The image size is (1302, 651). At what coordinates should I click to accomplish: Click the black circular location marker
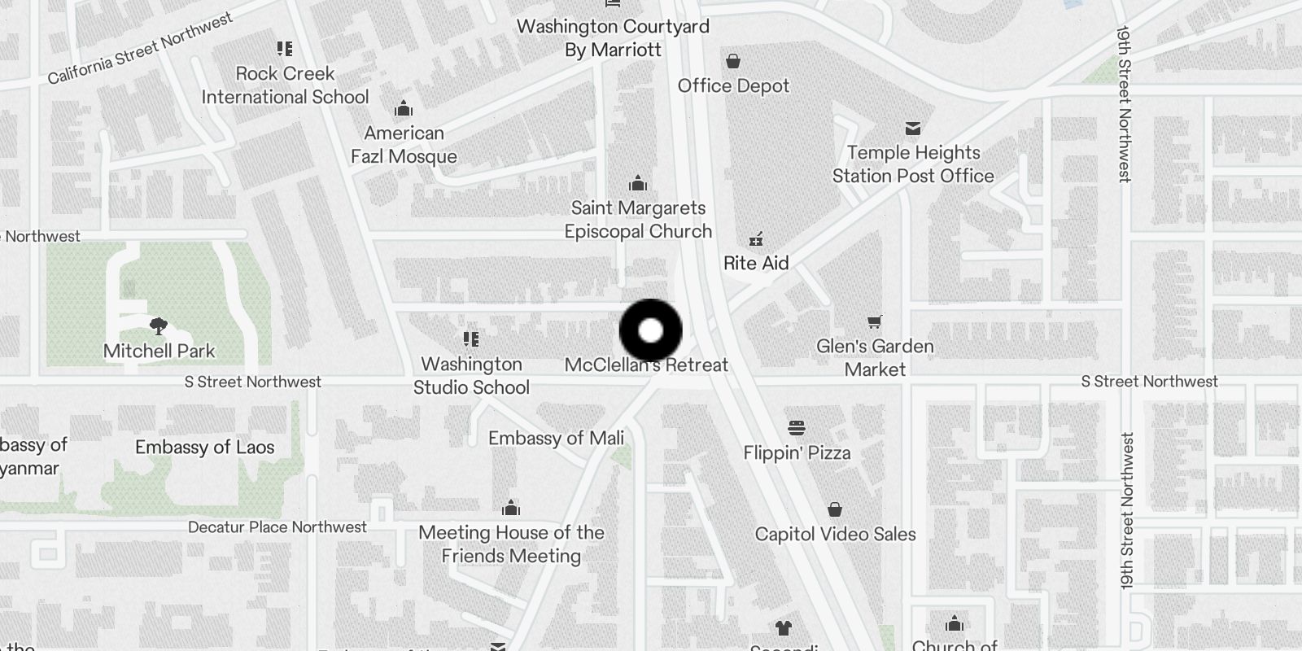pyautogui.click(x=650, y=330)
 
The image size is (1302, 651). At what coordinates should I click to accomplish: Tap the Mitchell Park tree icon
pyautogui.click(x=159, y=326)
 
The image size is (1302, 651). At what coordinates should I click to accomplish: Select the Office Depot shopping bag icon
pyautogui.click(x=732, y=61)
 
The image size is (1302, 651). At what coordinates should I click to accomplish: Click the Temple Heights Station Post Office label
pyautogui.click(x=912, y=164)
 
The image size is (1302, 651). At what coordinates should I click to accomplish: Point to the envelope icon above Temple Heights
pyautogui.click(x=912, y=129)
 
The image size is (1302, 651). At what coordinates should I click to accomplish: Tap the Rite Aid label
pyautogui.click(x=756, y=263)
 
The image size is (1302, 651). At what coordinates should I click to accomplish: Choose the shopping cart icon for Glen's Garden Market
pyautogui.click(x=874, y=321)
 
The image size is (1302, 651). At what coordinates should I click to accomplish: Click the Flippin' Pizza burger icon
pyautogui.click(x=796, y=429)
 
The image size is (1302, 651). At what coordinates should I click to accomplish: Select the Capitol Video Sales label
pyautogui.click(x=835, y=535)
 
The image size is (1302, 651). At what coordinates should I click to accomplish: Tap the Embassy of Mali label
pyautogui.click(x=556, y=439)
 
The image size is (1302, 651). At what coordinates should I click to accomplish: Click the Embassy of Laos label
pyautogui.click(x=204, y=447)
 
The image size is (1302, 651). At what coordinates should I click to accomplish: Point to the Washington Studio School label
pyautogui.click(x=471, y=375)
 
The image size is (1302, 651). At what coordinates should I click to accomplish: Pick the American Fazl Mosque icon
pyautogui.click(x=403, y=109)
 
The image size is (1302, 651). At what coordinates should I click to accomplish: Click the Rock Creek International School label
pyautogui.click(x=285, y=85)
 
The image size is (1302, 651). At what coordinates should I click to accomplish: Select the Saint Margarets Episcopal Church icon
pyautogui.click(x=638, y=183)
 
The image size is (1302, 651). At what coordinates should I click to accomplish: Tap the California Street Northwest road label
pyautogui.click(x=140, y=50)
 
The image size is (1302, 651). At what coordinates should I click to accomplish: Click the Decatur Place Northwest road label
pyautogui.click(x=277, y=527)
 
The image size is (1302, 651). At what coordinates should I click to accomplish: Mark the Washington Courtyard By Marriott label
pyautogui.click(x=613, y=38)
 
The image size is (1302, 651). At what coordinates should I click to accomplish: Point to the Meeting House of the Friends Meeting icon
pyautogui.click(x=511, y=509)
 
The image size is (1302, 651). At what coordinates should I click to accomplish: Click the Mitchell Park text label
pyautogui.click(x=159, y=352)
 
